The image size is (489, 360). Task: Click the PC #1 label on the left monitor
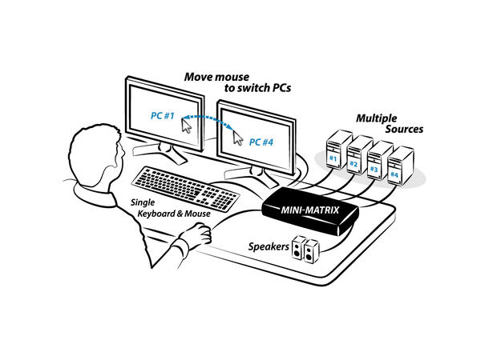point(163,116)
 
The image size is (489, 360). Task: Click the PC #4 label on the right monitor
point(261,142)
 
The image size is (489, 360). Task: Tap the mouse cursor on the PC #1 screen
point(187,126)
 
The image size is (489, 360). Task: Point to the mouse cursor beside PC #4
point(238,138)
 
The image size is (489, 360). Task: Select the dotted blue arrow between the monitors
point(208,118)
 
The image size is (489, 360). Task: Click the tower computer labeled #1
point(337,150)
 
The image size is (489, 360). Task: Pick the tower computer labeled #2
point(358,155)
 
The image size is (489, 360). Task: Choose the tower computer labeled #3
point(379,161)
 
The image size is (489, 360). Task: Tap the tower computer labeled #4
point(400,166)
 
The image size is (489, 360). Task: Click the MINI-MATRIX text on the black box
point(309,210)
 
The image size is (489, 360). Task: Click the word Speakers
point(269,246)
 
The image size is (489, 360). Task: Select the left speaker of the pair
point(298,248)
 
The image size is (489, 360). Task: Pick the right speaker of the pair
point(311,251)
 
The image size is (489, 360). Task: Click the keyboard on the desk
point(185,189)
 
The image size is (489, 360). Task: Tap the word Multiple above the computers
point(377,118)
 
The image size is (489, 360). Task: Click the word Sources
point(404,129)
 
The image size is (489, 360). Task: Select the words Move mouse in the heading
point(216,77)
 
